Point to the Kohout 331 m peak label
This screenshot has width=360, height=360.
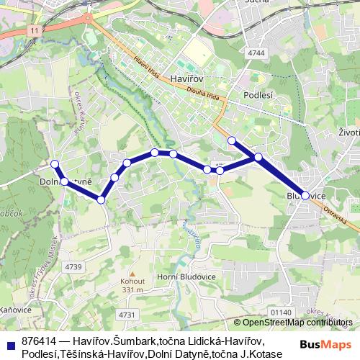(x=132, y=285)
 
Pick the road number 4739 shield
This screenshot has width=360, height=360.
(x=73, y=267)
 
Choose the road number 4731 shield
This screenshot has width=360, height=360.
(x=127, y=314)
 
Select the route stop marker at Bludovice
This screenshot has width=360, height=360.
(x=305, y=195)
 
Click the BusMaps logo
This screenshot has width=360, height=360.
(x=325, y=344)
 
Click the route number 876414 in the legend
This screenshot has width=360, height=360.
(x=39, y=341)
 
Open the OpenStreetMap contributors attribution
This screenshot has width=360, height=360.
(x=295, y=322)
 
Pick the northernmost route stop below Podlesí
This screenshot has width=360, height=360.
(x=232, y=140)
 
